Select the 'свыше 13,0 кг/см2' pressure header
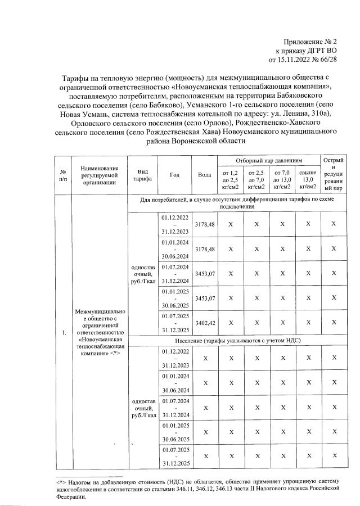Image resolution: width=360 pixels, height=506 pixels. pyautogui.click(x=307, y=179)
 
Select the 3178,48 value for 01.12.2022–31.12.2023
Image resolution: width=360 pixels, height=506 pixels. pyautogui.click(x=205, y=224)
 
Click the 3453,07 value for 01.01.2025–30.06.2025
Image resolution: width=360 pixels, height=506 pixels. pyautogui.click(x=205, y=299)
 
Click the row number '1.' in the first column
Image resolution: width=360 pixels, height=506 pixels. pyautogui.click(x=62, y=333)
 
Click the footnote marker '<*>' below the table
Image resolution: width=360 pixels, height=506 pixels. pyautogui.click(x=61, y=482)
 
